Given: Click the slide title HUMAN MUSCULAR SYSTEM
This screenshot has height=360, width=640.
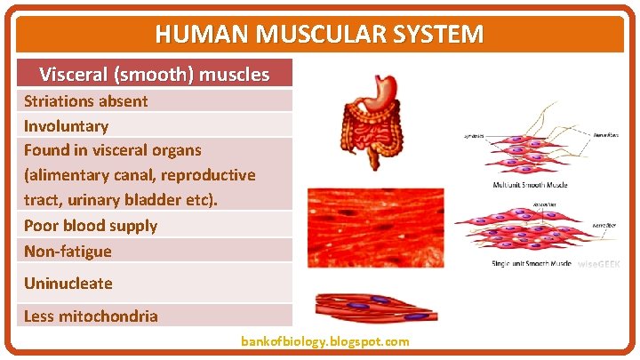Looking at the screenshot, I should click(319, 35).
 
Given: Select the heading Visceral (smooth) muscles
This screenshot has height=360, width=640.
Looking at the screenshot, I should click(155, 74).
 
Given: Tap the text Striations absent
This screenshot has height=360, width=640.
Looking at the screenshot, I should click(85, 100).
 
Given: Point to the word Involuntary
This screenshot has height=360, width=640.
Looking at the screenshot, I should click(66, 126).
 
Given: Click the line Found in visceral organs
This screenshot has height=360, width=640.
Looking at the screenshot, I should click(112, 150).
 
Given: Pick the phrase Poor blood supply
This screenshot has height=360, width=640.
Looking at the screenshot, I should click(90, 226).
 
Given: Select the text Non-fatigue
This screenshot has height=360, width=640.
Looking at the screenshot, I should click(68, 251).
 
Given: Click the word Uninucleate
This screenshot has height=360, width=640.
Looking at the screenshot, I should click(68, 284).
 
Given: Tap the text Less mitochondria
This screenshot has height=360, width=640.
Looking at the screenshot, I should click(90, 316).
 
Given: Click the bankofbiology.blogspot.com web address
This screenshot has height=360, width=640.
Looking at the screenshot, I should click(324, 341).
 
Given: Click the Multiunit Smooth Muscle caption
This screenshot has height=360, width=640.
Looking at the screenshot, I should click(530, 185).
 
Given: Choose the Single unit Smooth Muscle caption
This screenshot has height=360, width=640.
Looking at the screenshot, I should click(531, 263).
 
